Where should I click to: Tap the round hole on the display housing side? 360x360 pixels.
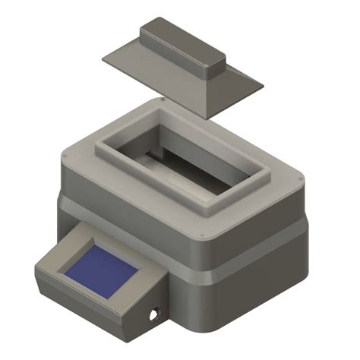click(156, 313)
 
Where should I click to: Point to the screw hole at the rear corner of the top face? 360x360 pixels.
click(163, 99)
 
